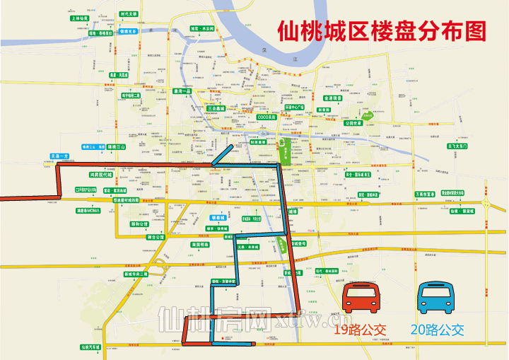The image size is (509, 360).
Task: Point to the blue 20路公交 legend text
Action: coord(437,329)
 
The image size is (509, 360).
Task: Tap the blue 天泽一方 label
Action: coord(59,155)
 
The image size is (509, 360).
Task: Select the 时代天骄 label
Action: coord(129,13)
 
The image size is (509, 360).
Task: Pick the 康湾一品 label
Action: coord(182,91)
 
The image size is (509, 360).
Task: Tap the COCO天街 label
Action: coord(267,117)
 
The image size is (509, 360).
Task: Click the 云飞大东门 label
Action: coord(459,146)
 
